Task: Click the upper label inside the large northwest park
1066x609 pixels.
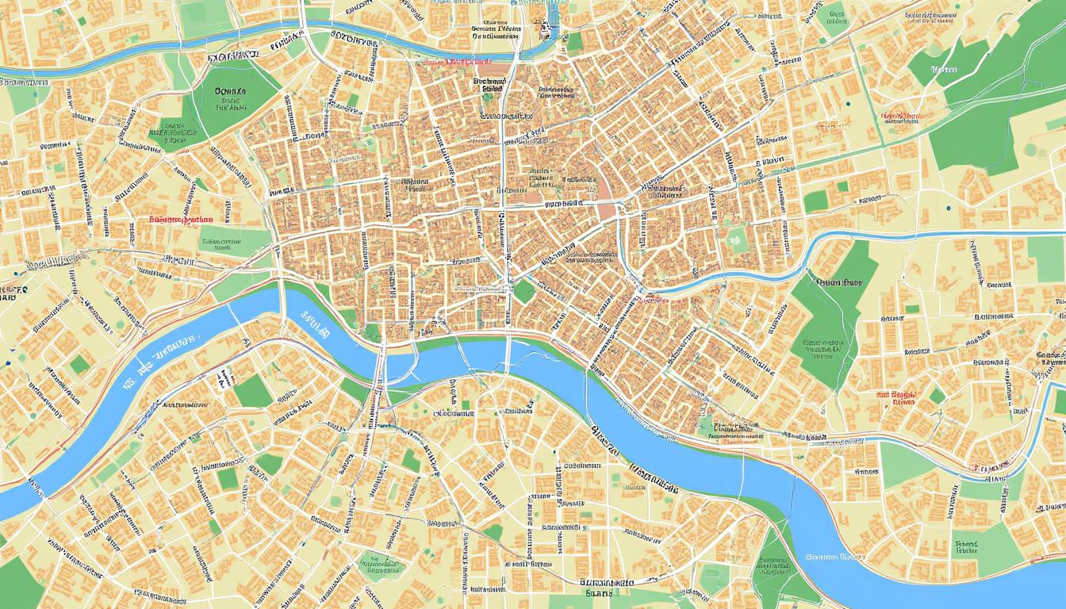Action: tap(231, 92)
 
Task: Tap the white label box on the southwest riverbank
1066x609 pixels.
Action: tap(225, 379)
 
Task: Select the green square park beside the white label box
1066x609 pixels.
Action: tap(252, 390)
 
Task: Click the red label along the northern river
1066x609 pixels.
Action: tap(468, 61)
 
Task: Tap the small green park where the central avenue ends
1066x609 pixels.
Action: tap(523, 291)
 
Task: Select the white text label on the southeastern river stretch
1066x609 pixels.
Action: tap(833, 556)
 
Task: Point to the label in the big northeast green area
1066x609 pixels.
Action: tap(944, 71)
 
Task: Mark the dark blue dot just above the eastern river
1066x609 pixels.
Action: tap(948, 209)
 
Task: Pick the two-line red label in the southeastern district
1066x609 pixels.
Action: tap(896, 397)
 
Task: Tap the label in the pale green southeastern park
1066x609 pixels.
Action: tap(965, 548)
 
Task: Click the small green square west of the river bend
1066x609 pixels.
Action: tap(79, 365)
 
